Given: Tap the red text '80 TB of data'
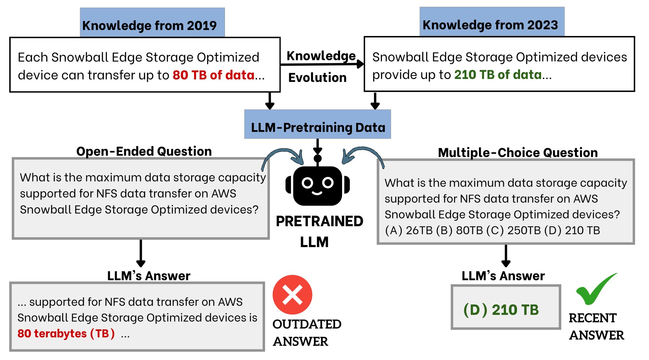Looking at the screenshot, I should pos(213,75).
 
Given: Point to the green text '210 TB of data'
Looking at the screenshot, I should pos(498,75).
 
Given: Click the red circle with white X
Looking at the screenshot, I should pos(292,295).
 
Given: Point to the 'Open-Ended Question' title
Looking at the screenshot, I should pos(144,151).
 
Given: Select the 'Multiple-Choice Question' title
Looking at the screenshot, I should pos(518,152).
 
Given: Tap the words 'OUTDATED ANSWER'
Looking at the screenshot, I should pos(306,333).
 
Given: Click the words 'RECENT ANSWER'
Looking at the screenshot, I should pos(596,327).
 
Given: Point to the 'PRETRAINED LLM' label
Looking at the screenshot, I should pos(319,231).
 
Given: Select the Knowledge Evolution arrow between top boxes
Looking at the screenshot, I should pos(322,64).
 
